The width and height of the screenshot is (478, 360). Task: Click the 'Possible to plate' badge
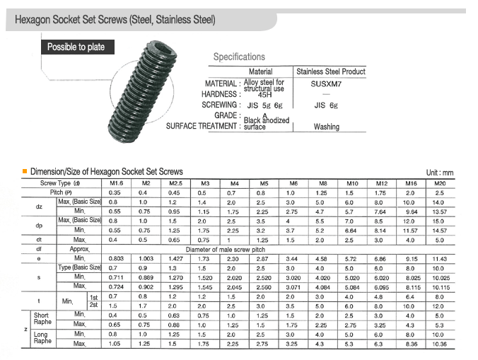pos(76,47)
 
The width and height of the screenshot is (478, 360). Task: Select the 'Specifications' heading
pos(239,57)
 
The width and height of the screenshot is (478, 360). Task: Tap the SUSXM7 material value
pos(325,83)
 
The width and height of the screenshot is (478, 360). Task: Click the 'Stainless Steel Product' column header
pos(330,71)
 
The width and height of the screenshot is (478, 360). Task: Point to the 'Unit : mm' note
pos(439,172)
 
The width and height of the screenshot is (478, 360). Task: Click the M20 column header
pos(439,183)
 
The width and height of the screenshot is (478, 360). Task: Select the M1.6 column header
pos(117,183)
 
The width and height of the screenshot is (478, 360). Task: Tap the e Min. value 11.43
pos(439,258)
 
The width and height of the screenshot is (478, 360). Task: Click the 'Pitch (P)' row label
pos(59,192)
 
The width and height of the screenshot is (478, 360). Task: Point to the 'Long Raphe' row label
pos(42,337)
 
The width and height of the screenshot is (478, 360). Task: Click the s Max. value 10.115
pos(439,286)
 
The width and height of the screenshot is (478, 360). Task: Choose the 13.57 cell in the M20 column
pos(439,211)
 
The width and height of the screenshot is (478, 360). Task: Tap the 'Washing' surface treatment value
pos(326,127)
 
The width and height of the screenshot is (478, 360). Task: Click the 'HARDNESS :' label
pos(219,94)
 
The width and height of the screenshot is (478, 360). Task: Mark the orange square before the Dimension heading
pos(25,171)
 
